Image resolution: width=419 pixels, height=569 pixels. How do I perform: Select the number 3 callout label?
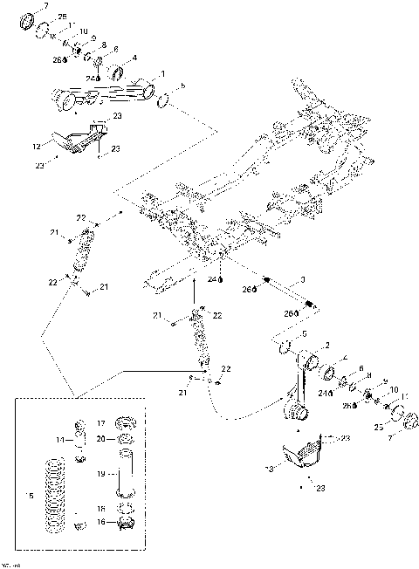pyautogui.click(x=301, y=279)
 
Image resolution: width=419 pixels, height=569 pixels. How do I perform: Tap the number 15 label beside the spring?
pyautogui.click(x=31, y=496)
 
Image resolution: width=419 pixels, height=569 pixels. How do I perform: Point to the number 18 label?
pyautogui.click(x=100, y=507)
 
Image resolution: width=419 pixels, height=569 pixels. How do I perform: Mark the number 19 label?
pyautogui.click(x=100, y=474)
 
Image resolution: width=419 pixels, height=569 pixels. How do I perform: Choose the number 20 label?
pyautogui.click(x=100, y=438)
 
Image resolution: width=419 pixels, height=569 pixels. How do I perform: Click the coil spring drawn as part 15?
pyautogui.click(x=57, y=493)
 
